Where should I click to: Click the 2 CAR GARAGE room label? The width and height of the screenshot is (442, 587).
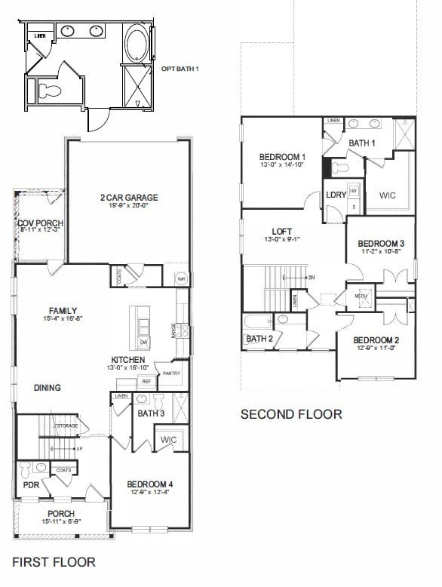tap(129, 198)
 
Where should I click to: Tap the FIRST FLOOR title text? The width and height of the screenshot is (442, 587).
tap(54, 562)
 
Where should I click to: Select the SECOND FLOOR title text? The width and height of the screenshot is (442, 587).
tap(290, 414)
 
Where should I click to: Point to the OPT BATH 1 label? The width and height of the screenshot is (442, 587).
tap(180, 69)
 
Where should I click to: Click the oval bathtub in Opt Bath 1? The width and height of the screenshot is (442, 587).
tap(137, 43)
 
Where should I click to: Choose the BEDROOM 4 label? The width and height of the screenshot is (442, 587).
tap(149, 484)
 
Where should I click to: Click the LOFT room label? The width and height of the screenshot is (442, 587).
tap(282, 232)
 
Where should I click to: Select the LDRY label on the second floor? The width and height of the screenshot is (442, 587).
tap(336, 195)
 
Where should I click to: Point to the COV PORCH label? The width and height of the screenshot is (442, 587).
tap(40, 223)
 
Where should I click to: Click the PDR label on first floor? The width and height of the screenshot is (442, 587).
tap(31, 485)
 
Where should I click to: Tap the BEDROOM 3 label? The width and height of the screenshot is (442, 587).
tap(381, 244)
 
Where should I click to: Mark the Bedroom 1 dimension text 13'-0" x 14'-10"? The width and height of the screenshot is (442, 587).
tap(281, 164)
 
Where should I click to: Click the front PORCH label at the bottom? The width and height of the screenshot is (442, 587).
tap(61, 514)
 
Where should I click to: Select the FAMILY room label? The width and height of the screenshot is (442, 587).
tap(63, 311)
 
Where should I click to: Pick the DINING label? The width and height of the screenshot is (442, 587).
tap(47, 388)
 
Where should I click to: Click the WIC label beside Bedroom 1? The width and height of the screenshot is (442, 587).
tap(387, 195)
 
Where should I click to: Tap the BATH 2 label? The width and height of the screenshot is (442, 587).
tap(259, 338)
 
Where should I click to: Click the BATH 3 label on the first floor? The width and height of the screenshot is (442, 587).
tap(150, 413)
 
